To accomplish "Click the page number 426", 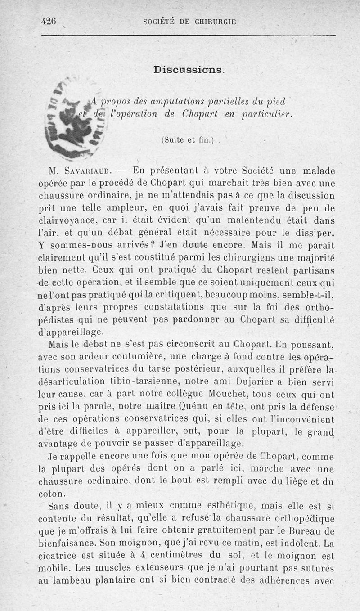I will click(x=48, y=21).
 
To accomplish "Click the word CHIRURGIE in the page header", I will click(x=214, y=21).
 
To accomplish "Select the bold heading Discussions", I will click(x=189, y=70).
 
